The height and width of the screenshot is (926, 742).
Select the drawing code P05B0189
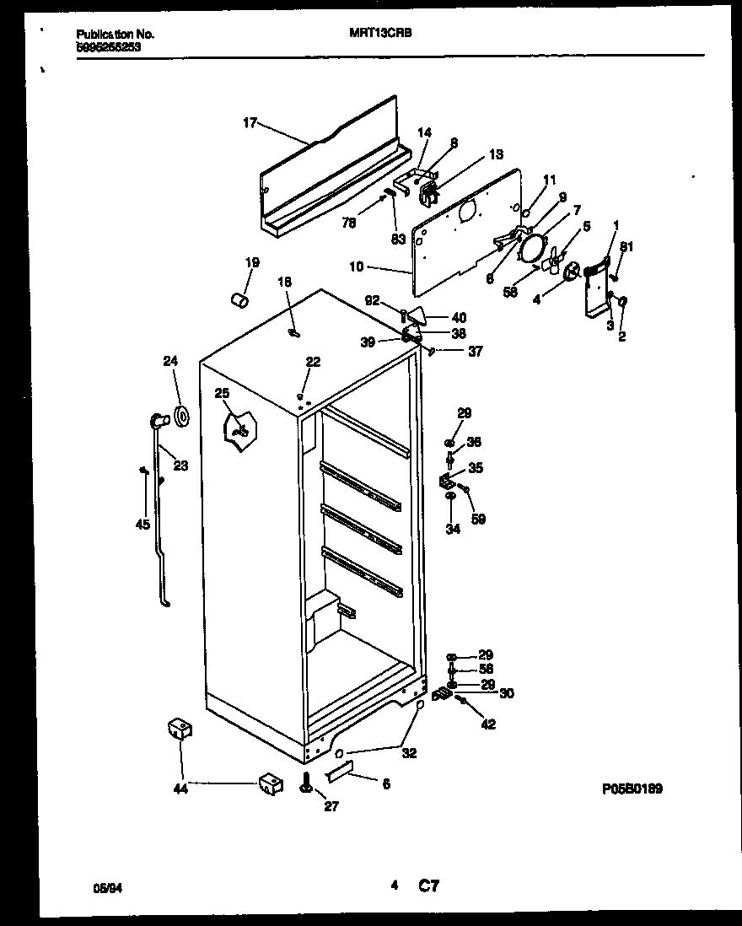(632, 789)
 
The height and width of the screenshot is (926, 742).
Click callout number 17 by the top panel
(250, 123)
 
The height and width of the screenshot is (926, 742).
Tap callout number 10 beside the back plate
(356, 267)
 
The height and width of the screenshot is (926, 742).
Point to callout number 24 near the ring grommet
(171, 362)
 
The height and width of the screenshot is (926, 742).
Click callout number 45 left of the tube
(142, 525)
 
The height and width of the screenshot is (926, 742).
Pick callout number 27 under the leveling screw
(331, 806)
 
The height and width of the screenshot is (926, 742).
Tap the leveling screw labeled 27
(304, 784)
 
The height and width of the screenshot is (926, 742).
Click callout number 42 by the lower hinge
(488, 724)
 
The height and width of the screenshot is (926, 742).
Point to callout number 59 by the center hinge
(478, 519)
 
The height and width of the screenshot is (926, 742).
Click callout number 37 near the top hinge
(476, 352)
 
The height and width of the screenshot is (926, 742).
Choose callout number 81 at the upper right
(626, 246)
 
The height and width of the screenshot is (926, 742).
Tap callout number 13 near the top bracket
(496, 154)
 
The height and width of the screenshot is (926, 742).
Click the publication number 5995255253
(109, 48)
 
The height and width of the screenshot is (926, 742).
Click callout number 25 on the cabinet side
(222, 393)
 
